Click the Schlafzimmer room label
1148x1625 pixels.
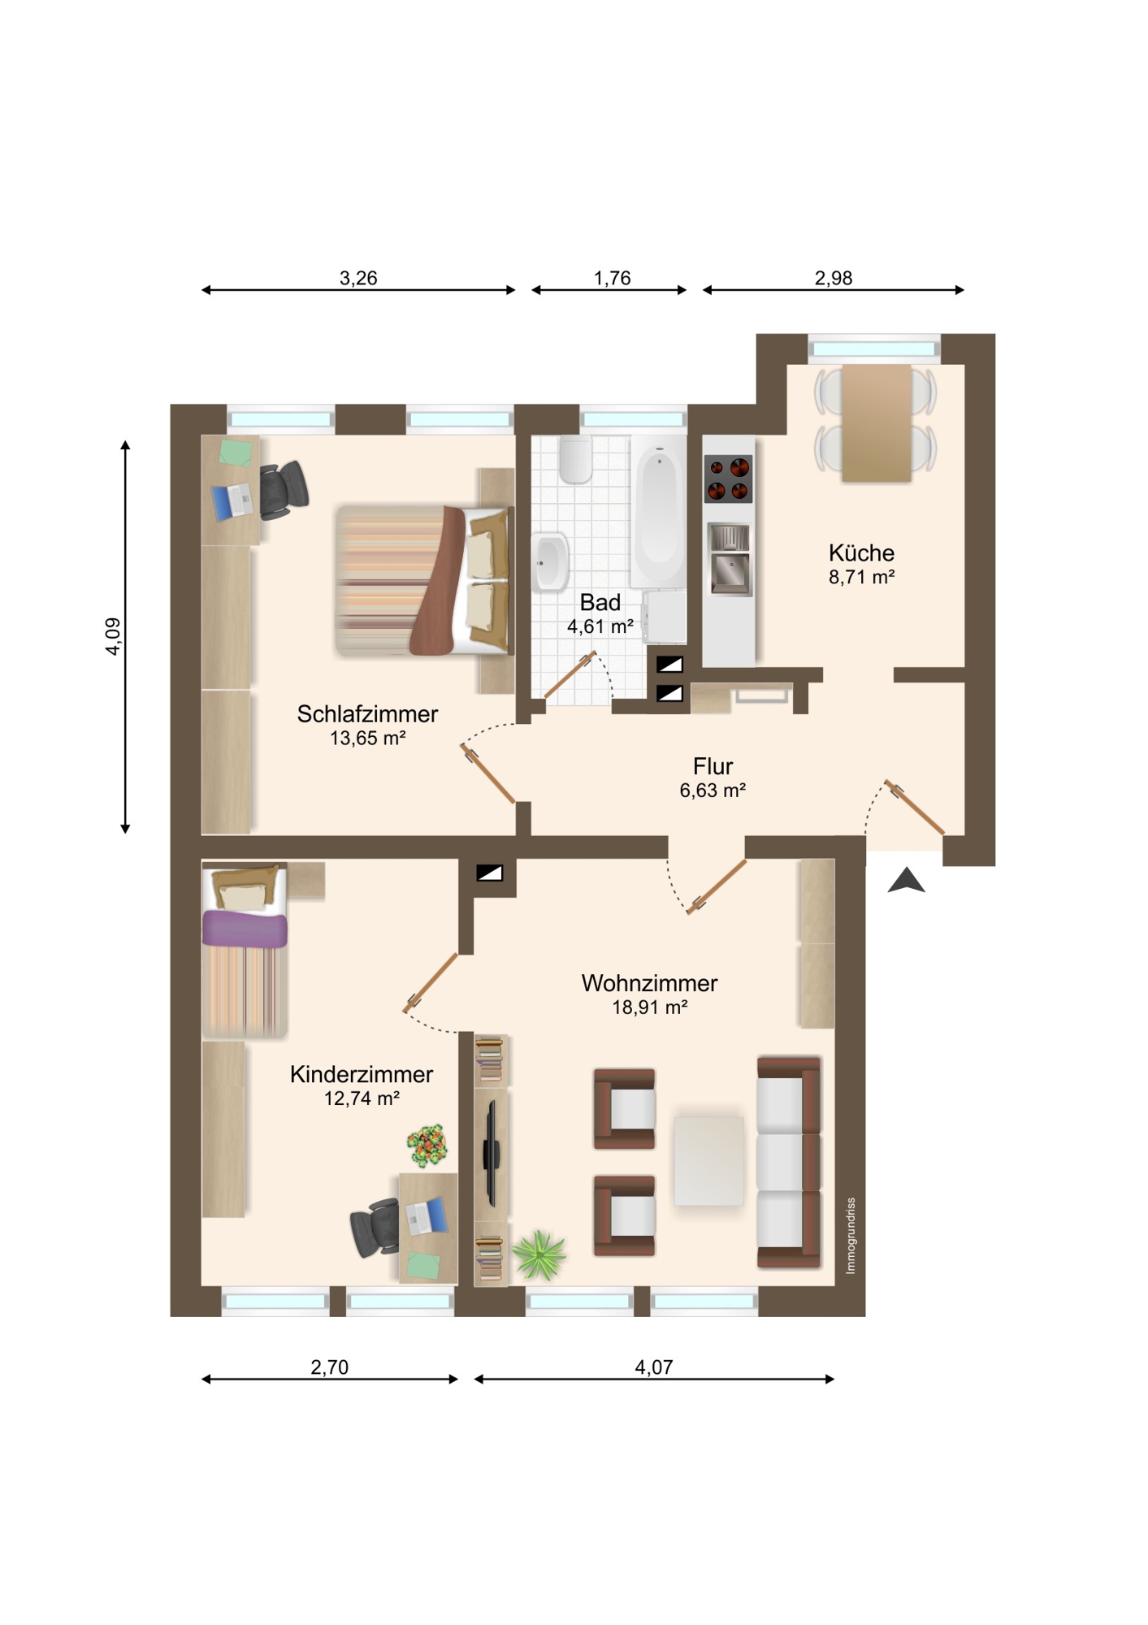[367, 714]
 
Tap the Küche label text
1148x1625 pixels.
[861, 552]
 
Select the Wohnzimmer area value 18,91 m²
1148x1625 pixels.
[650, 1007]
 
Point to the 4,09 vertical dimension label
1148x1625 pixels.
[113, 636]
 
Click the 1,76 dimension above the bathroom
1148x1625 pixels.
[612, 279]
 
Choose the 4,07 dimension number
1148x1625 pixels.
[654, 1367]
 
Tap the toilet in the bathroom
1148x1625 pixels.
[575, 459]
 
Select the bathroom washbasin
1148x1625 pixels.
[551, 561]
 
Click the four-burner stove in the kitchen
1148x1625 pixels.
[728, 479]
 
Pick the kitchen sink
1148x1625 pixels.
[730, 560]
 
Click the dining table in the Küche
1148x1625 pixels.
[876, 423]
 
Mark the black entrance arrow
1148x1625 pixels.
[907, 881]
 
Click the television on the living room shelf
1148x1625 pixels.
[491, 1154]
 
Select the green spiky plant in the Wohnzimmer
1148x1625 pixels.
[539, 1254]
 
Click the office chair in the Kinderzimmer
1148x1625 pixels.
[375, 1228]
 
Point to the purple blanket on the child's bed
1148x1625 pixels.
[245, 929]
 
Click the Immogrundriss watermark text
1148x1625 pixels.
[851, 1236]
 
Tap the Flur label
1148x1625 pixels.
[713, 766]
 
